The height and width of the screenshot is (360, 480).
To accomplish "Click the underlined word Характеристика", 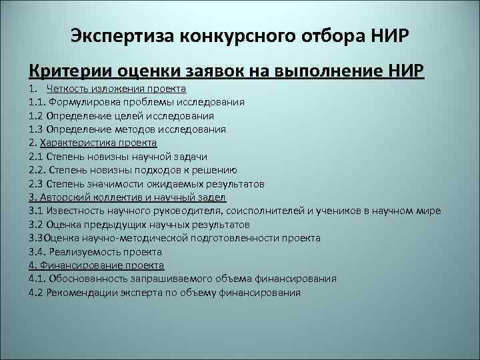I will click(x=77, y=143).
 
